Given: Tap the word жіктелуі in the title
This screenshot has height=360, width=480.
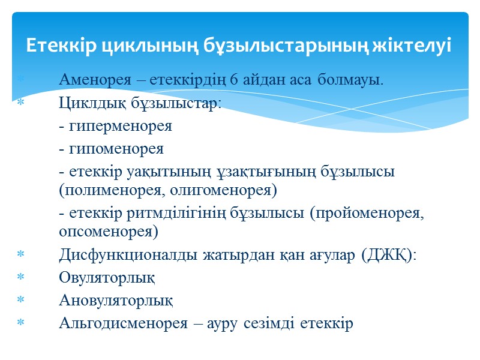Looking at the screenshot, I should pyautogui.click(x=415, y=46).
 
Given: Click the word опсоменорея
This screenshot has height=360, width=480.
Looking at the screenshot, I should pyautogui.click(x=109, y=232).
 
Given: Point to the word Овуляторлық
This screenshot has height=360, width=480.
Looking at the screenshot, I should pyautogui.click(x=107, y=278).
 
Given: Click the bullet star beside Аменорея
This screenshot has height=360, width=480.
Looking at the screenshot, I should pyautogui.click(x=20, y=80).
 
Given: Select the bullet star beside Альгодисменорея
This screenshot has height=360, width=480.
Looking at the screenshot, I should pyautogui.click(x=20, y=323).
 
